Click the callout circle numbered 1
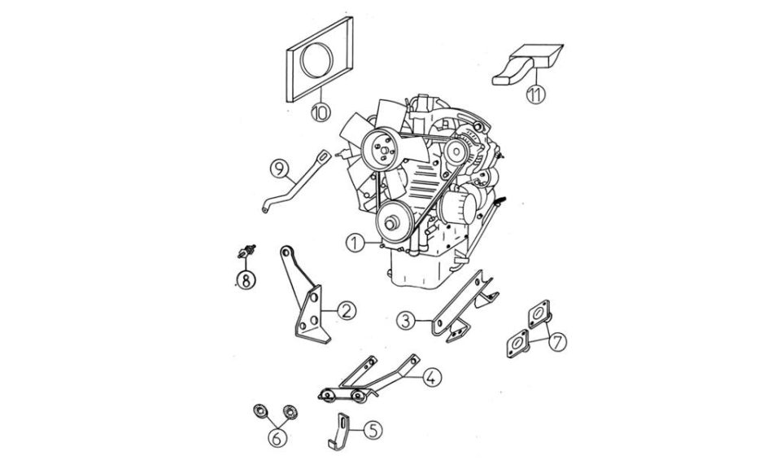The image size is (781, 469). pyautogui.click(x=356, y=243)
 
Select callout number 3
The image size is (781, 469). pyautogui.click(x=407, y=321)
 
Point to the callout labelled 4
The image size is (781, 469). pyautogui.click(x=432, y=377)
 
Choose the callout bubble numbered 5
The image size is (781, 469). pyautogui.click(x=373, y=430)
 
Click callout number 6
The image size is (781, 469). pyautogui.click(x=277, y=437)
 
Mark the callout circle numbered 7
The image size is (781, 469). pyautogui.click(x=557, y=342)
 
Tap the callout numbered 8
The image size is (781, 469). pyautogui.click(x=246, y=280)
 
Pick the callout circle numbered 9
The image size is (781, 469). pyautogui.click(x=279, y=169)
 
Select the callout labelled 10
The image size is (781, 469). pyautogui.click(x=321, y=112)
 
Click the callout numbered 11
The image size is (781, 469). pyautogui.click(x=536, y=94)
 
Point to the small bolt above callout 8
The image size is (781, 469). pyautogui.click(x=247, y=252)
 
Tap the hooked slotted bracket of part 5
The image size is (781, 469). pyautogui.click(x=339, y=432)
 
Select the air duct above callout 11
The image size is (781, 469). pyautogui.click(x=528, y=65)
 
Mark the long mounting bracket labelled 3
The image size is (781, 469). pyautogui.click(x=462, y=306)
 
